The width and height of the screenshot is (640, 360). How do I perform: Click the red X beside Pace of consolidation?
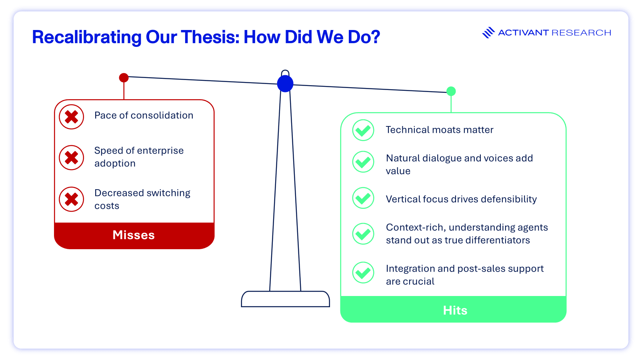72,117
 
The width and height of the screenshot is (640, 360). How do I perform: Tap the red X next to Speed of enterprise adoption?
72,158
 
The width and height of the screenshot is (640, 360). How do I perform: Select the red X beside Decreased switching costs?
72,199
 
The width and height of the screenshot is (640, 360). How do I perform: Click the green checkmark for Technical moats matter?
363,130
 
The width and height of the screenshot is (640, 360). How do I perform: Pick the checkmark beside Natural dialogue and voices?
363,162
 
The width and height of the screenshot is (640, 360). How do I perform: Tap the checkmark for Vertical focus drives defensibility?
363,198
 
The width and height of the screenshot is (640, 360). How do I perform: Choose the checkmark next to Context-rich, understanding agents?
363,234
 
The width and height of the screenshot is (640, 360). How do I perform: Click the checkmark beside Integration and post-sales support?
363,272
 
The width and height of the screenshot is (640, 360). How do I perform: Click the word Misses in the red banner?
134,235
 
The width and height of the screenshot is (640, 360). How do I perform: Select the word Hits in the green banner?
455,310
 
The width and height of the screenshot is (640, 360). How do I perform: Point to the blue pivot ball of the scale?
285,84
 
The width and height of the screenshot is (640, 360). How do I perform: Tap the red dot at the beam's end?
124,78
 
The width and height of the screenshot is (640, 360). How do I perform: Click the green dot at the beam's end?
451,91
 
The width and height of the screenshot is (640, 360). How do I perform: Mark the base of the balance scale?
286,299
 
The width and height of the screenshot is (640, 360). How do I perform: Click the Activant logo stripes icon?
488,32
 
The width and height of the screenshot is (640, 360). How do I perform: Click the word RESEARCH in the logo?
581,32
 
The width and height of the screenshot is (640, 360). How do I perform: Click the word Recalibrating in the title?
86,38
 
